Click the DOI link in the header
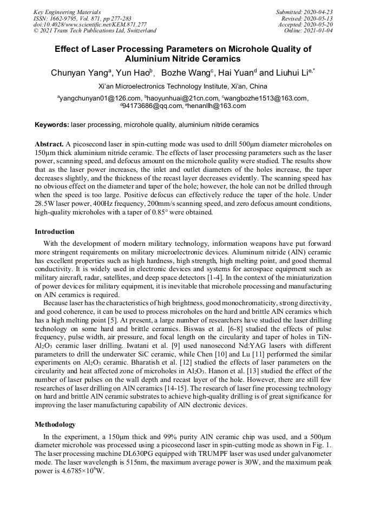[90, 24]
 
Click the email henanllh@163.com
[217, 106]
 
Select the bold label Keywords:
[53, 125]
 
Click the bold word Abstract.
[49, 144]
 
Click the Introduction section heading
[55, 232]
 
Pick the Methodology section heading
[55, 425]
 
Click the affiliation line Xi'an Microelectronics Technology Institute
[183, 86]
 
